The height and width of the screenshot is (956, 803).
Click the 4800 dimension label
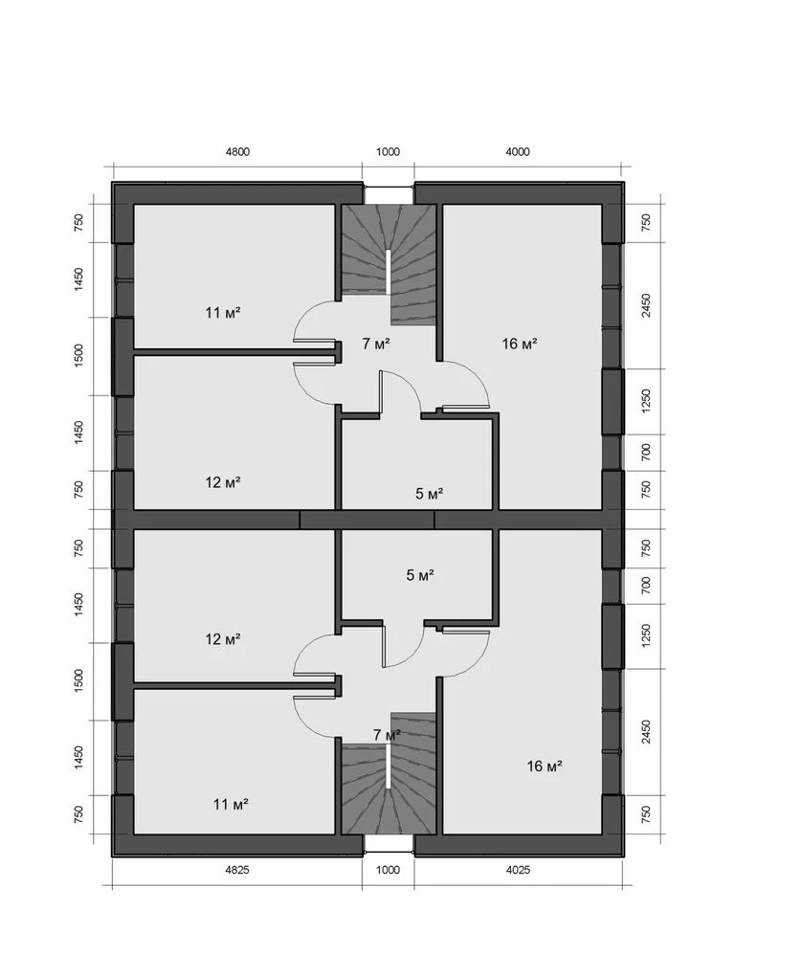click(x=237, y=152)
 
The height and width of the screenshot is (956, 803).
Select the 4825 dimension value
click(x=237, y=870)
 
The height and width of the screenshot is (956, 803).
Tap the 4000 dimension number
click(x=518, y=152)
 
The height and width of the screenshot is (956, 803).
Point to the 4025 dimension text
click(x=518, y=870)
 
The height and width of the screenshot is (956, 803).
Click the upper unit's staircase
click(x=389, y=264)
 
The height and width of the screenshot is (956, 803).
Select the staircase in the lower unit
click(x=389, y=773)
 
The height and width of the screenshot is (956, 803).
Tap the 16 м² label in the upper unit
click(x=520, y=344)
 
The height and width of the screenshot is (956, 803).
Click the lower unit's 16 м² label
click(x=545, y=767)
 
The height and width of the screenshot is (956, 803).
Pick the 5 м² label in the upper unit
click(x=429, y=494)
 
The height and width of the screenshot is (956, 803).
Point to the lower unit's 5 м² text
click(x=420, y=575)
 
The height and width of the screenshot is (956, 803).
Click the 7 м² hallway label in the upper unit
click(x=376, y=344)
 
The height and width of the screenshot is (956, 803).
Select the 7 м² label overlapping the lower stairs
click(x=388, y=735)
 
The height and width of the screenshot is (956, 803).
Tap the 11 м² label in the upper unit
click(x=223, y=313)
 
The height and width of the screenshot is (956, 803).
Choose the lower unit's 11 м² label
click(x=231, y=805)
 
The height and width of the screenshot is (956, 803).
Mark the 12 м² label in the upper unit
click(x=223, y=483)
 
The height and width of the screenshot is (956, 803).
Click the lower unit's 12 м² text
click(x=223, y=639)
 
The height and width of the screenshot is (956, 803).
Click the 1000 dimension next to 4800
click(x=388, y=152)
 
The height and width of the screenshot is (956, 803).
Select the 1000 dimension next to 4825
click(x=388, y=870)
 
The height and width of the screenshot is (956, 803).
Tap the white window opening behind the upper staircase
click(x=389, y=194)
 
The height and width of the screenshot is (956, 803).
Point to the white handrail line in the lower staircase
click(x=389, y=767)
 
